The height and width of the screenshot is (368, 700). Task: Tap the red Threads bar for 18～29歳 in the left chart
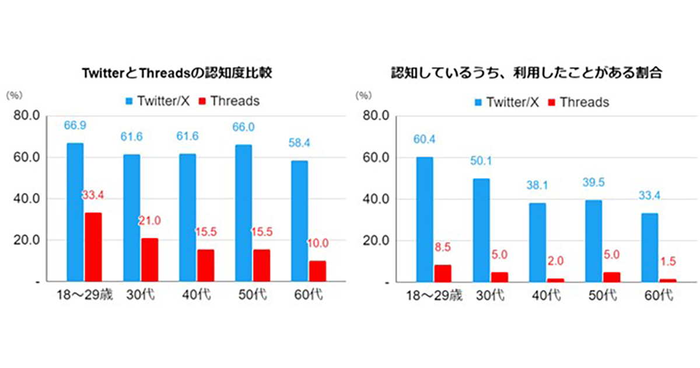click(93, 247)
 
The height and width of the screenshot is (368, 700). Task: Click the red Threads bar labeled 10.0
click(318, 271)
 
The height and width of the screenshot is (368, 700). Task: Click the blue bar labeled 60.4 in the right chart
click(424, 219)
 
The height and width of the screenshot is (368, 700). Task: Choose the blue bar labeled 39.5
click(593, 241)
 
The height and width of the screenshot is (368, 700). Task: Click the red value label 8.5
click(443, 247)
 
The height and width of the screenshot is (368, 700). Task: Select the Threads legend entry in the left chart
click(228, 101)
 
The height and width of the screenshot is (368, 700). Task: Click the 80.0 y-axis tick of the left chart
click(26, 116)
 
